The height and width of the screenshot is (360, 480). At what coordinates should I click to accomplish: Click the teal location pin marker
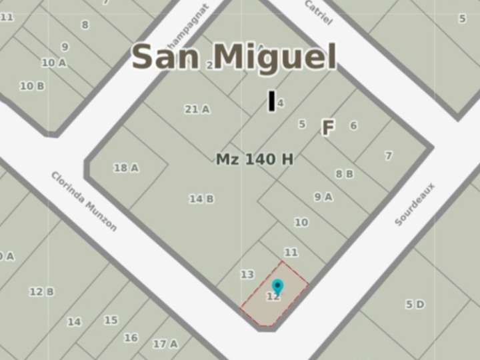pyautogui.click(x=278, y=287)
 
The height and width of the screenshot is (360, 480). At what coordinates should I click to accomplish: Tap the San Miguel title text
pyautogui.click(x=233, y=57)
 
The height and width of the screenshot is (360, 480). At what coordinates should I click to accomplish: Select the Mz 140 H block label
pyautogui.click(x=255, y=159)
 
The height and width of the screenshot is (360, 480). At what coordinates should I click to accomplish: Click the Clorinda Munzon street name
pyautogui.click(x=84, y=201)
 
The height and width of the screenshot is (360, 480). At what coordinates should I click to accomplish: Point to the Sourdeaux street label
pyautogui.click(x=414, y=204)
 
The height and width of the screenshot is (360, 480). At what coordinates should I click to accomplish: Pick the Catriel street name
pyautogui.click(x=318, y=13)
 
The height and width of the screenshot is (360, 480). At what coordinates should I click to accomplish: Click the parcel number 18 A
pyautogui.click(x=126, y=168)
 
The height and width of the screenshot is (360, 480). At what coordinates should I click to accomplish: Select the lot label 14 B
pyautogui.click(x=201, y=199)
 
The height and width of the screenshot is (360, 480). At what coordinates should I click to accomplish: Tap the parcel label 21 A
pyautogui.click(x=197, y=109)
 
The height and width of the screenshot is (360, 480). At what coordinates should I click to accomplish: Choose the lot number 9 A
pyautogui.click(x=323, y=197)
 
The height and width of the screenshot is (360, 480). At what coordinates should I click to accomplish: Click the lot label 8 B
pyautogui.click(x=344, y=174)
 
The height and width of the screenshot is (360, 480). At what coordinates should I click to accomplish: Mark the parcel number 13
pyautogui.click(x=247, y=275)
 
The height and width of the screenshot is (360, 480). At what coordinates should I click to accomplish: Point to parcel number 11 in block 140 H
pyautogui.click(x=291, y=253)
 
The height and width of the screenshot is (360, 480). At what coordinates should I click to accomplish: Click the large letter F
pyautogui.click(x=327, y=128)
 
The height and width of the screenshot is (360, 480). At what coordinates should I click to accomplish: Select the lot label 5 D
pyautogui.click(x=415, y=305)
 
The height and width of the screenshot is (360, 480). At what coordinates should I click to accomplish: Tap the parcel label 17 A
pyautogui.click(x=165, y=344)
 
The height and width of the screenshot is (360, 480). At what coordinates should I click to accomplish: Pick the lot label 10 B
pyautogui.click(x=32, y=86)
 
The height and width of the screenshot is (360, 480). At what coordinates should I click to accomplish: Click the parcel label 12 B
pyautogui.click(x=41, y=291)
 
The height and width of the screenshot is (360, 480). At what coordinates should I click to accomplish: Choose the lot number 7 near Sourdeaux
pyautogui.click(x=389, y=155)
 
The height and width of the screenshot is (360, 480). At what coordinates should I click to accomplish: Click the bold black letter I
pyautogui.click(x=271, y=101)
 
